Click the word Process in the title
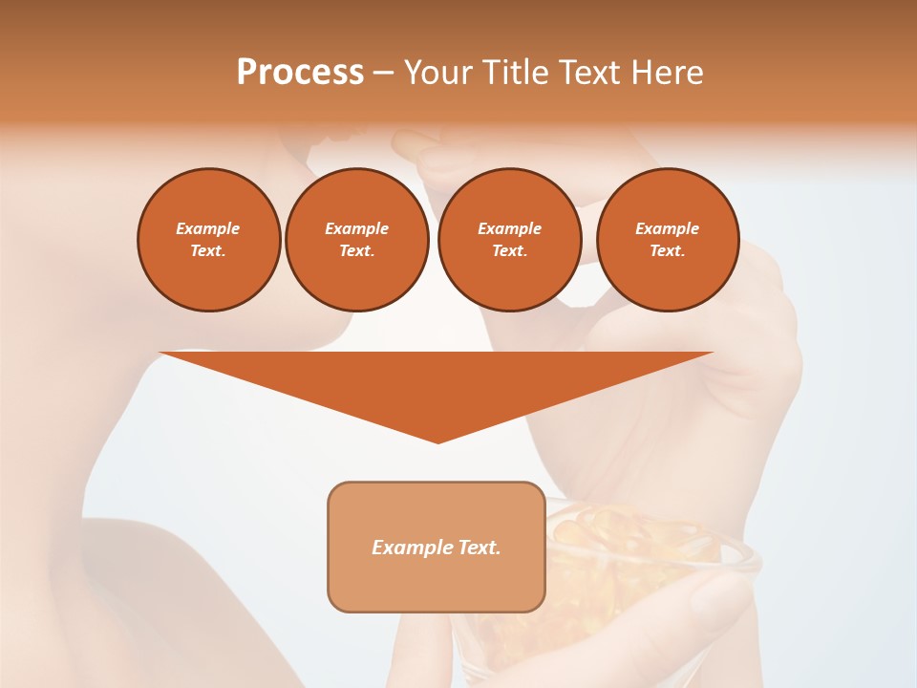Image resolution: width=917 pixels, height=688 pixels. (x=300, y=73)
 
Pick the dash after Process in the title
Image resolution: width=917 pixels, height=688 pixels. (x=384, y=74)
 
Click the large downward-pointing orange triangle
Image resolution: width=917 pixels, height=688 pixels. (x=437, y=382)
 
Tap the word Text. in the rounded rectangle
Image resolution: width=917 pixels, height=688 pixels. (x=478, y=548)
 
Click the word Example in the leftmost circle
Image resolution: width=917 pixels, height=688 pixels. (x=208, y=228)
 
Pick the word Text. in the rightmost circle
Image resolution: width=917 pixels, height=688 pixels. (x=667, y=250)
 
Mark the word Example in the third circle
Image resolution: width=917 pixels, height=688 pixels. (x=509, y=228)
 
